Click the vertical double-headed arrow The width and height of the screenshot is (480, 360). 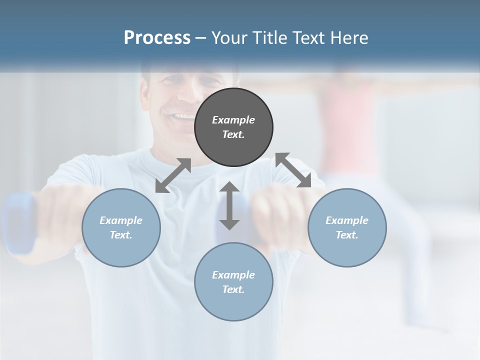pos(229,205)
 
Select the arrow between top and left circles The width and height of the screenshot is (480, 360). pos(173,175)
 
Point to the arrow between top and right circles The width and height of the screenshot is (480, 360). pos(293,170)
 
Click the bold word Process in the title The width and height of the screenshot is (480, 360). pos(157,38)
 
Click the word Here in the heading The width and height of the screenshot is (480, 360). pos(349,38)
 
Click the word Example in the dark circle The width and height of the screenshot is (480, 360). pos(233,120)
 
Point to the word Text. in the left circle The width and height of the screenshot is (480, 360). pos(121,235)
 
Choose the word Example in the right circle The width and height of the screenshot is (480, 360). pos(347,220)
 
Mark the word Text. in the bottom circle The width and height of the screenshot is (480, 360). pos(233,289)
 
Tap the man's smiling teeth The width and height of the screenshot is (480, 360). pos(182,116)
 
